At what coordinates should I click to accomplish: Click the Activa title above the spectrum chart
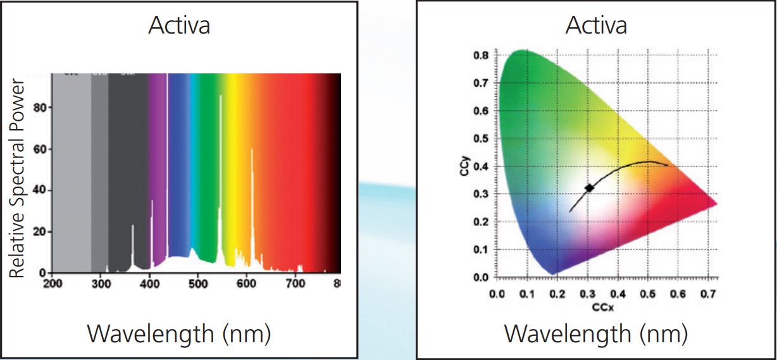coord(179,26)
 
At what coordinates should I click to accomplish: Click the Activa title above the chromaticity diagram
coord(596,26)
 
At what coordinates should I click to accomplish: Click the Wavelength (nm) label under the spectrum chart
coord(179,333)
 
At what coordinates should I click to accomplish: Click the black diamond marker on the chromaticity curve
coord(589,188)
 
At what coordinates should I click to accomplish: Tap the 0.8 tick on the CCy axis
coord(482,56)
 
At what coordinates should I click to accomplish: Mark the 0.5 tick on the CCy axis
coord(482,139)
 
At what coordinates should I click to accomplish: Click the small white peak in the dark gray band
coord(132,244)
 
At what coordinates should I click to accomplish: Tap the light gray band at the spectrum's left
coord(71,171)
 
